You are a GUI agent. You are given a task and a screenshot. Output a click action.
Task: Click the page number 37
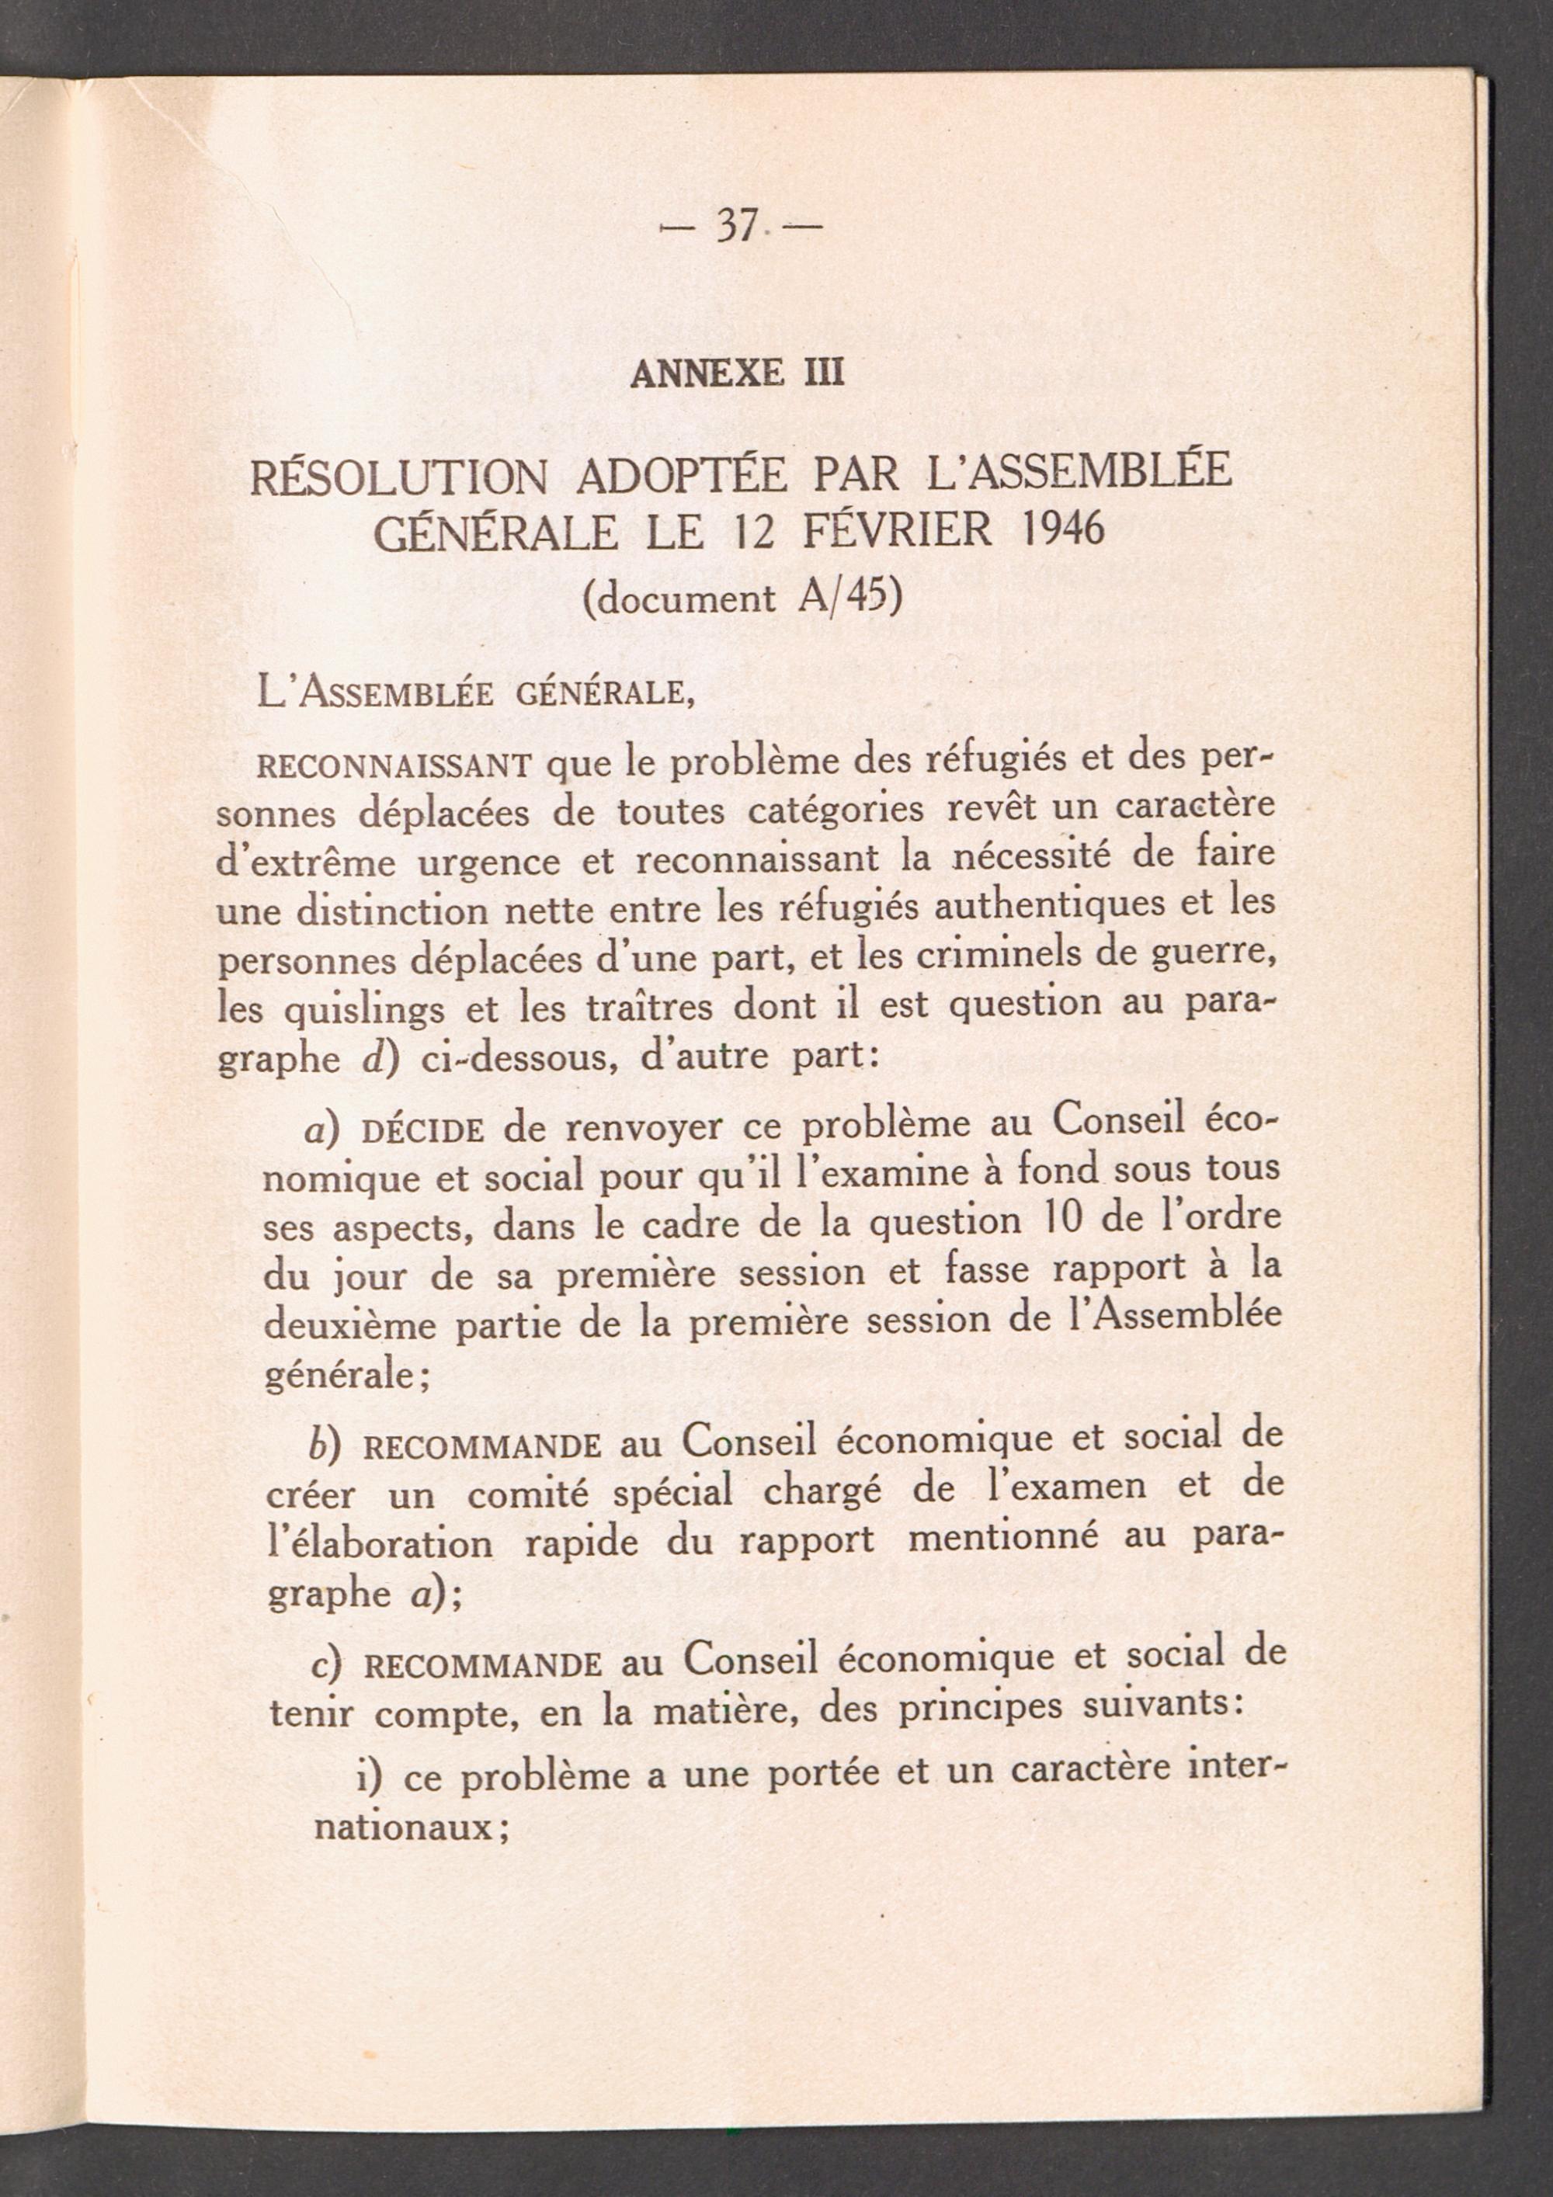(737, 227)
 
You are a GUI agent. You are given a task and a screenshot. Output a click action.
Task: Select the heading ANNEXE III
(737, 372)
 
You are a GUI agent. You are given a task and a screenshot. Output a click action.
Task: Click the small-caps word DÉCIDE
(423, 1131)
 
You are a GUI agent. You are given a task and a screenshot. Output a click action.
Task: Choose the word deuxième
(350, 1326)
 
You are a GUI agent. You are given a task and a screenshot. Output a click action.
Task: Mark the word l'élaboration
(380, 1543)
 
